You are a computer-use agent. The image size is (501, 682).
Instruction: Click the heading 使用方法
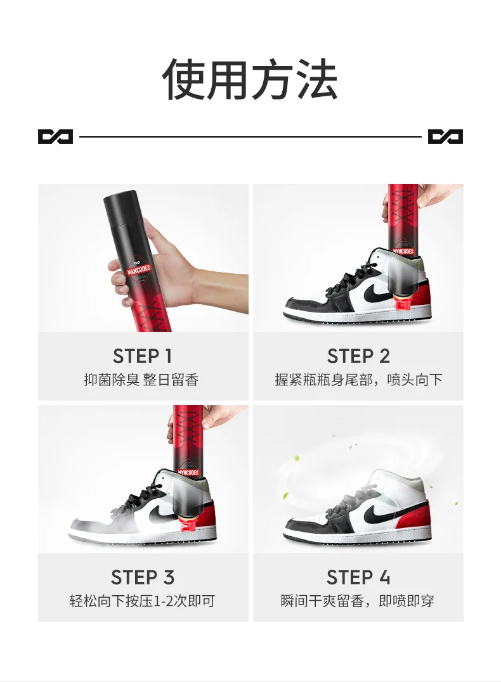pyautogui.click(x=250, y=80)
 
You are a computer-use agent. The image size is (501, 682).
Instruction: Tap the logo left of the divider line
pyautogui.click(x=55, y=136)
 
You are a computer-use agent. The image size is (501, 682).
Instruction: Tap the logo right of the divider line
pyautogui.click(x=445, y=136)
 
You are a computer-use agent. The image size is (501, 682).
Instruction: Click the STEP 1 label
pyautogui.click(x=142, y=356)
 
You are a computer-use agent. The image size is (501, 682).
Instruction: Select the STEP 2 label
pyautogui.click(x=358, y=356)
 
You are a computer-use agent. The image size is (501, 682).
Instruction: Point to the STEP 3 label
pyautogui.click(x=143, y=577)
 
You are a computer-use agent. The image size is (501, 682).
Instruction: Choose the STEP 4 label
pyautogui.click(x=358, y=577)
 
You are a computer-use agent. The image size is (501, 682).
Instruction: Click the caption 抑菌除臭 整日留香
pyautogui.click(x=141, y=380)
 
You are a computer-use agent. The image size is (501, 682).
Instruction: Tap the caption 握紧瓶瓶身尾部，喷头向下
pyautogui.click(x=358, y=380)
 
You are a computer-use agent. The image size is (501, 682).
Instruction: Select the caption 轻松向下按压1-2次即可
pyautogui.click(x=142, y=601)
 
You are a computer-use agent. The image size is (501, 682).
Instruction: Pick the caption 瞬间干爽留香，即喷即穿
pyautogui.click(x=358, y=601)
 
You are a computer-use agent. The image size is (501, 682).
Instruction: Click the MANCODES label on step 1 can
pyautogui.click(x=139, y=269)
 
